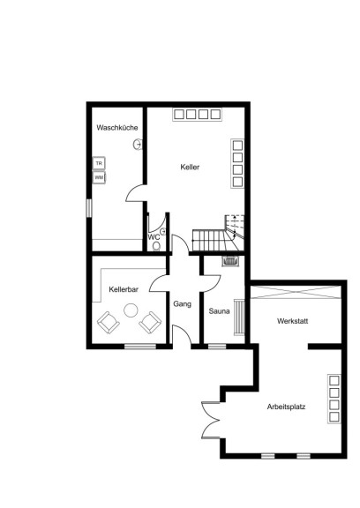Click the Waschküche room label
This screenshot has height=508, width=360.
117,128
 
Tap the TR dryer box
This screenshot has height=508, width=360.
99,163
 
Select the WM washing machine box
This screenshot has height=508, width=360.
99,177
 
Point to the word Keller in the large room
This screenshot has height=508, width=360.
190,168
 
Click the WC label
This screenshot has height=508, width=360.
154,237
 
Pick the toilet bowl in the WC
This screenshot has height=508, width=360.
156,246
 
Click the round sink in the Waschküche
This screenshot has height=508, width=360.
138,144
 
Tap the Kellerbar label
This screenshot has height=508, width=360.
124,289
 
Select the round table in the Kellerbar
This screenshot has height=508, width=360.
131,310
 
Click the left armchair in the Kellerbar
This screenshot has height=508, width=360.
109,323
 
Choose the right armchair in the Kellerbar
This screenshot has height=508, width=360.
150,323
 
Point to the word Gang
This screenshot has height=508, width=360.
182,304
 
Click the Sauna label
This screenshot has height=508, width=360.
220,311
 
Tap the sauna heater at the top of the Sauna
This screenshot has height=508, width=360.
230,261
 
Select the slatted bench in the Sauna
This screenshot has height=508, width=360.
239,317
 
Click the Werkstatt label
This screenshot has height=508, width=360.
293,321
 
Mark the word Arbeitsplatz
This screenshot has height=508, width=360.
286,407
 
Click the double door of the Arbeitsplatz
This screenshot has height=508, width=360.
211,420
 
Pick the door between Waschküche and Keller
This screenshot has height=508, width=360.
135,193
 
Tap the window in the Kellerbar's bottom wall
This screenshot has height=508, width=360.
140,347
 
